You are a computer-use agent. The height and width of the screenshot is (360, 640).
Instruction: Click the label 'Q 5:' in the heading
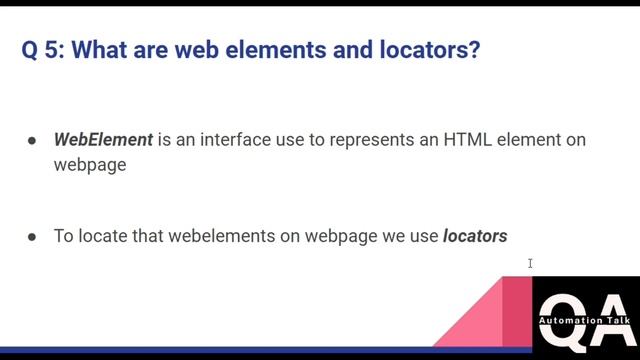(x=43, y=50)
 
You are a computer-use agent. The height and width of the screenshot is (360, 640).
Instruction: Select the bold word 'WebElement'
(x=103, y=140)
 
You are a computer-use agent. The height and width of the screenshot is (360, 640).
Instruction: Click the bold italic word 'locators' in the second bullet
(x=475, y=237)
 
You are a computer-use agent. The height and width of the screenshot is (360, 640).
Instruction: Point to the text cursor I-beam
(x=530, y=264)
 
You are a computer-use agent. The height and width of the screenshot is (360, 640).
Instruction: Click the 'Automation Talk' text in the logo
(x=585, y=321)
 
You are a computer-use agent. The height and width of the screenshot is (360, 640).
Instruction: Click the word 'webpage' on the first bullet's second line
(x=90, y=164)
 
